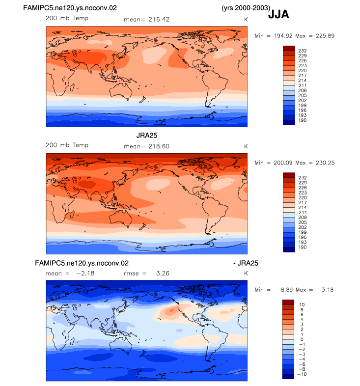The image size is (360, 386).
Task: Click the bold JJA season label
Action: [x=278, y=14]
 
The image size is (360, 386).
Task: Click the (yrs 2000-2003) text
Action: [x=246, y=8]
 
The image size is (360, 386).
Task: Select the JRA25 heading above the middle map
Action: [x=147, y=136]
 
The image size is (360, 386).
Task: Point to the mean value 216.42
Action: [x=159, y=20]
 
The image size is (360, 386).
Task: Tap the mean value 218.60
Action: [x=159, y=146]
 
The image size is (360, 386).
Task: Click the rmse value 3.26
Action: [x=163, y=274]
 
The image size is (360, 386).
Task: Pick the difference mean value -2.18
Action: [x=85, y=274]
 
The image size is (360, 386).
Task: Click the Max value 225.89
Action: [x=325, y=36]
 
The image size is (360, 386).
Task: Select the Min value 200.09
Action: [x=283, y=163]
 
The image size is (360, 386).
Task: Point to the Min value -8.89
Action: [x=286, y=290]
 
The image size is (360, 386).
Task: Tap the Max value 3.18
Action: [x=328, y=290]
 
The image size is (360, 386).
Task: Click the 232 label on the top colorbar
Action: [x=303, y=51]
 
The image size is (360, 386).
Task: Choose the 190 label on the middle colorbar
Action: [x=303, y=247]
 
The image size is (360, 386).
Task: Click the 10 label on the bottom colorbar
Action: [x=302, y=305]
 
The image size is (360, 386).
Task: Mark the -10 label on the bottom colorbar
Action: [x=302, y=374]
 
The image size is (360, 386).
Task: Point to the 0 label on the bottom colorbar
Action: [x=302, y=339]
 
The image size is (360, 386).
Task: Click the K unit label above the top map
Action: [x=246, y=20]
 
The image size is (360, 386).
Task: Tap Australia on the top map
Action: [x=121, y=91]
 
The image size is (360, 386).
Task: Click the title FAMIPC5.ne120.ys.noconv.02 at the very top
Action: [x=70, y=8]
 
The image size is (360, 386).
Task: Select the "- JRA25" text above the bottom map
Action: [x=246, y=263]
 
